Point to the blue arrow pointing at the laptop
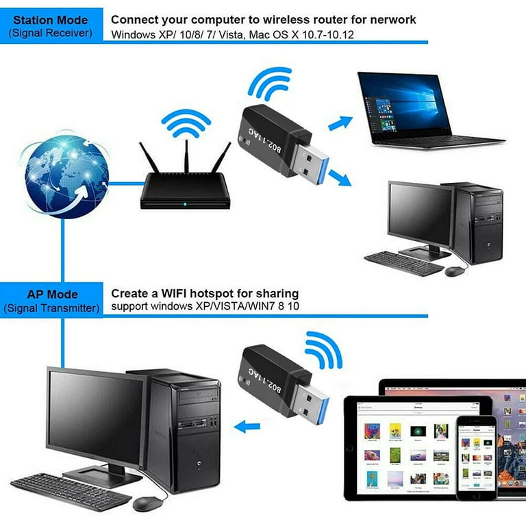[340, 123]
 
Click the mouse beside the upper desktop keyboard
[454, 271]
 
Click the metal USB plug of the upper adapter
[310, 158]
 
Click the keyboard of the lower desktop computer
[62, 491]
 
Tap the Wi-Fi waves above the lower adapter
[323, 349]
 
